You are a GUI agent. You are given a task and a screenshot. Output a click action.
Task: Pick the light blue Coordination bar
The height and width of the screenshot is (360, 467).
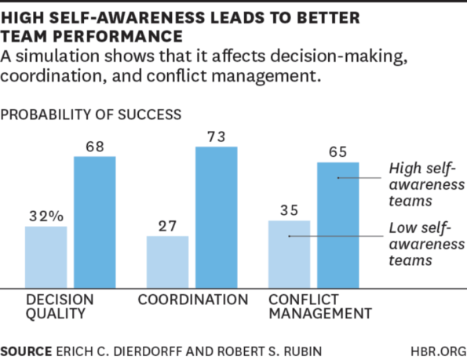pos(167,262)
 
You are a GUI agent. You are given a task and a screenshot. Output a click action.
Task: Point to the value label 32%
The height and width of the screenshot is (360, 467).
pos(46,216)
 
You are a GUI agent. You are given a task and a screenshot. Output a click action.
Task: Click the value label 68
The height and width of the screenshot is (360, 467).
pos(95,145)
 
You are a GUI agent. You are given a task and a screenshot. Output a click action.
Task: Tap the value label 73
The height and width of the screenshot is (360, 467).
pos(217,136)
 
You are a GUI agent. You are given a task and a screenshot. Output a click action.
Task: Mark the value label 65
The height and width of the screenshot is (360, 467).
pos(337,151)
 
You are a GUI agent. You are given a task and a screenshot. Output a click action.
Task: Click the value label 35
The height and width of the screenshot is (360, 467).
pos(289,209)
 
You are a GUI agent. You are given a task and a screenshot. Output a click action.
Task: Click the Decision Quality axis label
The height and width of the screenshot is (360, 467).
pos(60,307)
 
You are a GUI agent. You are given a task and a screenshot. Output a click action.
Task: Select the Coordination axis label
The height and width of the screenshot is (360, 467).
pos(193,300)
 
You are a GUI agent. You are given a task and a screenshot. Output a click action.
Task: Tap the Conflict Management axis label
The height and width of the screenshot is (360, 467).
pos(319,307)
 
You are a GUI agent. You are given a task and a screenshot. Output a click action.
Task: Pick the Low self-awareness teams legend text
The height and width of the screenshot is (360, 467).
pos(421,245)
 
